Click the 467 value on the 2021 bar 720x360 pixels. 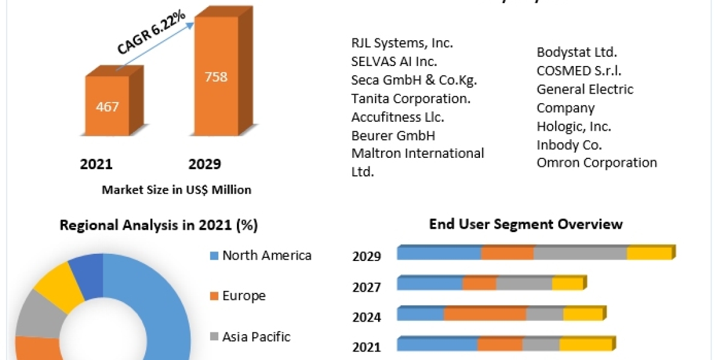107,107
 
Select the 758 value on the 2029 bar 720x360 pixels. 215,77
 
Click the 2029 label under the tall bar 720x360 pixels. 205,164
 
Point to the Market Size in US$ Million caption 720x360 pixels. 176,190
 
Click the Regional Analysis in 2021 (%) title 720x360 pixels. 158,226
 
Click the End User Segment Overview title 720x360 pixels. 526,224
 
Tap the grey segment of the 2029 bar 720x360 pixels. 580,253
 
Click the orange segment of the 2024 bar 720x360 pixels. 485,314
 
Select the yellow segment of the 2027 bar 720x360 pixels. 567,283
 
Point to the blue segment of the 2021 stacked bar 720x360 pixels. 437,344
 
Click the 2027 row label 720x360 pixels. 367,287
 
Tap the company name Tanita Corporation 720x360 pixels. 410,98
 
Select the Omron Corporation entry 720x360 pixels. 596,163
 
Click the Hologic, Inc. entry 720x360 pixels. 574,127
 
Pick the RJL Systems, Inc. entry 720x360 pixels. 402,43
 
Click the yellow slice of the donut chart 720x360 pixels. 58,284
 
